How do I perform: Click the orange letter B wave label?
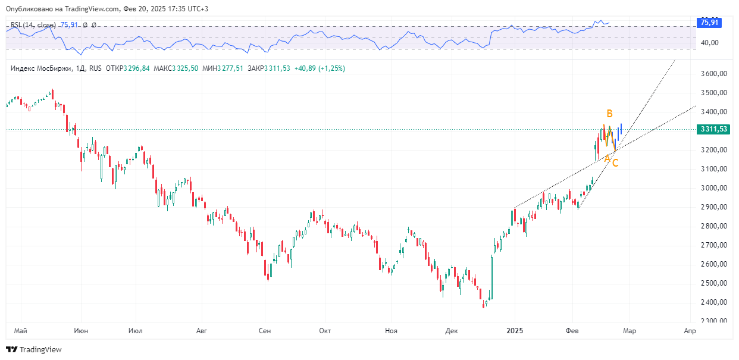[609, 114]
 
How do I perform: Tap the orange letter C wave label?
[615, 163]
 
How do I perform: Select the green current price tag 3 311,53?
[713, 129]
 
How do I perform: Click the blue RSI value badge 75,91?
[709, 23]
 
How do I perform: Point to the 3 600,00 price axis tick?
[714, 74]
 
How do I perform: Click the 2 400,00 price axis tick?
[714, 302]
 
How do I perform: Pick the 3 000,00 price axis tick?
[714, 188]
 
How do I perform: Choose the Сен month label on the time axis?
[265, 331]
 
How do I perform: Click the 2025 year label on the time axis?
[515, 331]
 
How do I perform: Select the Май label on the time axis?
[20, 331]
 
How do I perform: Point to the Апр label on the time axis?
[690, 331]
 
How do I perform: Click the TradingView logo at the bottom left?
[34, 349]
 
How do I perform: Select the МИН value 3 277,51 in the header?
[230, 68]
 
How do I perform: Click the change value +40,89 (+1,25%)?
[320, 68]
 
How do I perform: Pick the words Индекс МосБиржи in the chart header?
[41, 68]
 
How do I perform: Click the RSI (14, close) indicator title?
[33, 25]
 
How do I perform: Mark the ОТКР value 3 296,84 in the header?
[136, 68]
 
